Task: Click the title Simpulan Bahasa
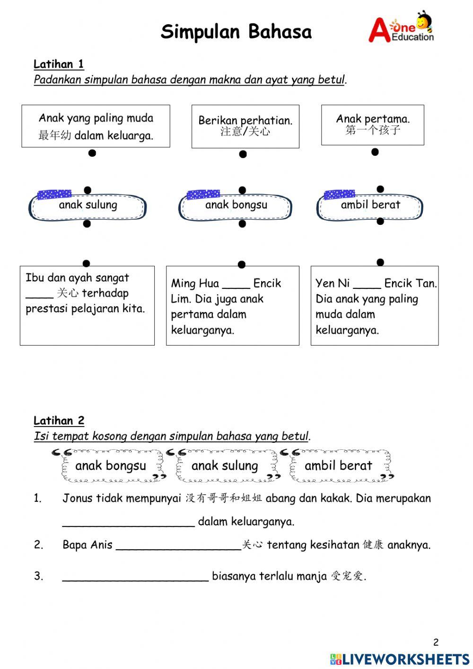point(236,32)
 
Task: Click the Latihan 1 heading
point(59,64)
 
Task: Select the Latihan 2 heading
point(59,420)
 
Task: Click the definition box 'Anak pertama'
point(373,125)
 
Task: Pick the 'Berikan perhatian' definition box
point(245,126)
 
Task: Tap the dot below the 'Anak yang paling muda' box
point(92,153)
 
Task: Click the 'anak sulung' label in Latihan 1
point(88,205)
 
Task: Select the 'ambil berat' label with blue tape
point(370,205)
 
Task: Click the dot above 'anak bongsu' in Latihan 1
point(242,190)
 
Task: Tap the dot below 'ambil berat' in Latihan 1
point(380,221)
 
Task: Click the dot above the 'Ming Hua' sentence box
point(241,264)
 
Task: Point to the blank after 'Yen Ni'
point(367,287)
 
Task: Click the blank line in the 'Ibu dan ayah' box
point(39,297)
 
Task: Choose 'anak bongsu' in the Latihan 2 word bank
point(111,466)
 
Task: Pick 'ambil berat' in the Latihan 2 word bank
point(338,466)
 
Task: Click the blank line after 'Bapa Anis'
point(178,548)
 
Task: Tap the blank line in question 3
point(135,579)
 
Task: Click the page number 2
point(436,642)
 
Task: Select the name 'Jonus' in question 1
point(78,498)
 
